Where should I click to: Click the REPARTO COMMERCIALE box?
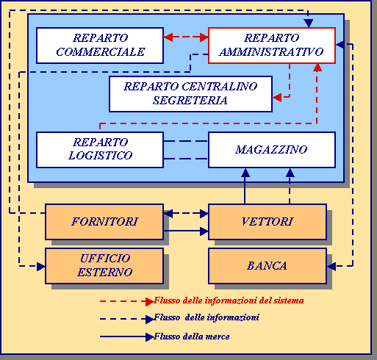tap(100, 46)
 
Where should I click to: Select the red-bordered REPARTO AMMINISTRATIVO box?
tap(272, 46)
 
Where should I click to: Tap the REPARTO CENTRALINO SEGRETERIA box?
tap(190, 94)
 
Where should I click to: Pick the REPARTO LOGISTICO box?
tap(100, 150)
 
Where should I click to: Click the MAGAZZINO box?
tap(272, 150)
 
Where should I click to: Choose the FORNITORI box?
tap(104, 222)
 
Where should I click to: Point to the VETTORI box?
tap(268, 222)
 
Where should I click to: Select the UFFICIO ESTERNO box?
tap(104, 266)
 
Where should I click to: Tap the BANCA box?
tap(268, 266)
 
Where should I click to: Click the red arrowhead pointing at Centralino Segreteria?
tap(277, 97)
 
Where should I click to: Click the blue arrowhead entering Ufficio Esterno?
tap(41, 266)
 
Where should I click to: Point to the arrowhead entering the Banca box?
tap(331, 266)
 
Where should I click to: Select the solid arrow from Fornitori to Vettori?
tap(186, 231)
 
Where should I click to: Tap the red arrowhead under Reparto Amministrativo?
tap(317, 68)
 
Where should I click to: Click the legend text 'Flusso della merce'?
tap(192, 336)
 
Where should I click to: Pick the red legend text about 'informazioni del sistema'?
tap(229, 300)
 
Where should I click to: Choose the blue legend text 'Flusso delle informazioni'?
tap(207, 317)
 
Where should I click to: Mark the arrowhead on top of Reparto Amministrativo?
tap(309, 24)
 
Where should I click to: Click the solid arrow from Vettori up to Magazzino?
tap(245, 186)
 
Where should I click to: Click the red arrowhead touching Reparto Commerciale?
tap(168, 37)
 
